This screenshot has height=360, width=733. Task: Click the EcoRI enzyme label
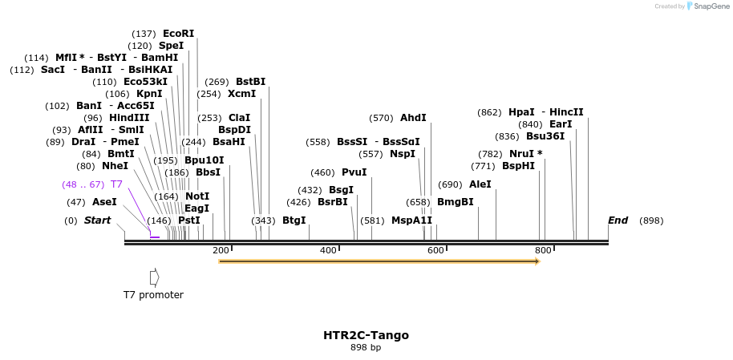click(178, 34)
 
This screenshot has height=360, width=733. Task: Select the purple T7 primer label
click(116, 184)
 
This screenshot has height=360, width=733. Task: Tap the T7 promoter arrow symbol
click(154, 277)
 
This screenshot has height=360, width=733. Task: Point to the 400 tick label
click(328, 251)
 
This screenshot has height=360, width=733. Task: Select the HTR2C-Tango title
click(366, 335)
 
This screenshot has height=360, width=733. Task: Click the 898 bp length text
click(366, 348)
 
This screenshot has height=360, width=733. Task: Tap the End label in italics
click(618, 220)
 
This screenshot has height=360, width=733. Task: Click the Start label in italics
click(97, 220)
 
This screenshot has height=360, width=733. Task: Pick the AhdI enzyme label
click(413, 118)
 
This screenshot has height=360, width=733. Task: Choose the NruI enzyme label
click(525, 154)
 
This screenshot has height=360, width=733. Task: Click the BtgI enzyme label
click(294, 220)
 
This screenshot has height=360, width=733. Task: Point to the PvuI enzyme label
click(354, 172)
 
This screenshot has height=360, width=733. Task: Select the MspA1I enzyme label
click(411, 220)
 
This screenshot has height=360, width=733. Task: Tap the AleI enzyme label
click(480, 184)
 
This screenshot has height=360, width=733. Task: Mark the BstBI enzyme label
click(250, 82)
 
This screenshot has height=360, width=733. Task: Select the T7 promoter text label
click(153, 295)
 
